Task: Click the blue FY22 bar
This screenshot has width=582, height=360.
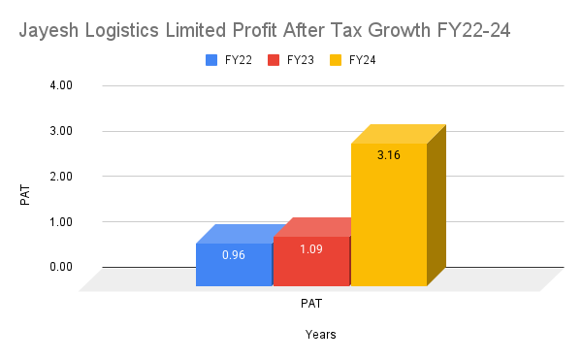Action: (234, 265)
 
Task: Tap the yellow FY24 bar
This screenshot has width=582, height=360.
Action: (388, 214)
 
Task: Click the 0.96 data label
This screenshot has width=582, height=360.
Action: (234, 255)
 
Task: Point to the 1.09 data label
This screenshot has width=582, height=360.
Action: (311, 249)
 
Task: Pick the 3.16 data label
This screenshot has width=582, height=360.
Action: (389, 153)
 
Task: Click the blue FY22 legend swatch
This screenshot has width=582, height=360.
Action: (211, 60)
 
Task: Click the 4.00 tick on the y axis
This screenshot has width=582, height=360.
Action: (61, 85)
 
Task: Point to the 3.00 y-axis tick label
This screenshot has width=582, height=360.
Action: (61, 131)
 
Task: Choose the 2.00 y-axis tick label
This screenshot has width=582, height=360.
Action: (61, 177)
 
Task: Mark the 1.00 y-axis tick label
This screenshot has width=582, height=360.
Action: (61, 221)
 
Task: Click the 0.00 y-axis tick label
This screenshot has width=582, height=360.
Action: (61, 267)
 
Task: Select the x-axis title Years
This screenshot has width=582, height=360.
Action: (321, 335)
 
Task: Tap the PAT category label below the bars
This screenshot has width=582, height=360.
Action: (310, 303)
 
